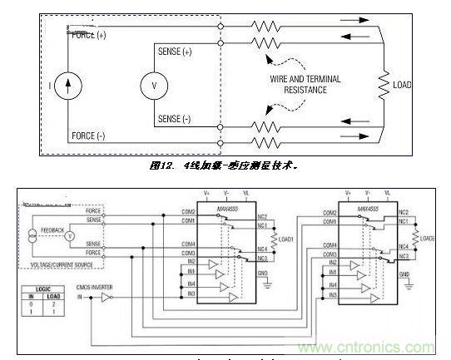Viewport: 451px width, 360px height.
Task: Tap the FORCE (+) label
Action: click(x=89, y=36)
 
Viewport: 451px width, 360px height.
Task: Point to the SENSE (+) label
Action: click(x=174, y=52)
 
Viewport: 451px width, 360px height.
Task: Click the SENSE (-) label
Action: click(x=174, y=120)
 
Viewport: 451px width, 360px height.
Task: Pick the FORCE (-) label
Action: click(x=89, y=136)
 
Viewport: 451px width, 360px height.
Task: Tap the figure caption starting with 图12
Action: click(x=224, y=165)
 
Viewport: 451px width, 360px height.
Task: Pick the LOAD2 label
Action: click(x=428, y=239)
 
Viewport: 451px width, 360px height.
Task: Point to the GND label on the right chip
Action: click(x=405, y=275)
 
